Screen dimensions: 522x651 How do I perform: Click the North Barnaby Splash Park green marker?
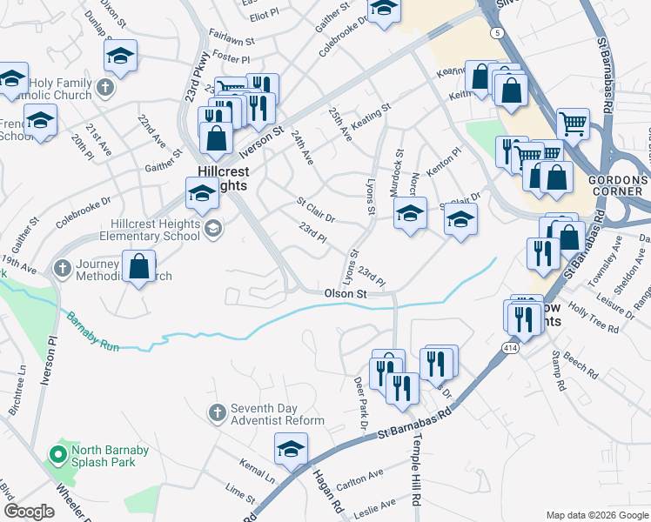[x=58, y=454]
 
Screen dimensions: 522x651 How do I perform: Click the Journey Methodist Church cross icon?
[x=62, y=269]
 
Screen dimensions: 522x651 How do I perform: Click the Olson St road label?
[x=346, y=294]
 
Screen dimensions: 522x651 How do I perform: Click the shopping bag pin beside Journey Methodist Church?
[x=139, y=268]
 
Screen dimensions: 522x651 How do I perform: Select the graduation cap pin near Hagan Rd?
[x=291, y=450]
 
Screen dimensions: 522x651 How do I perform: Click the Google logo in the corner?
[x=29, y=512]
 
